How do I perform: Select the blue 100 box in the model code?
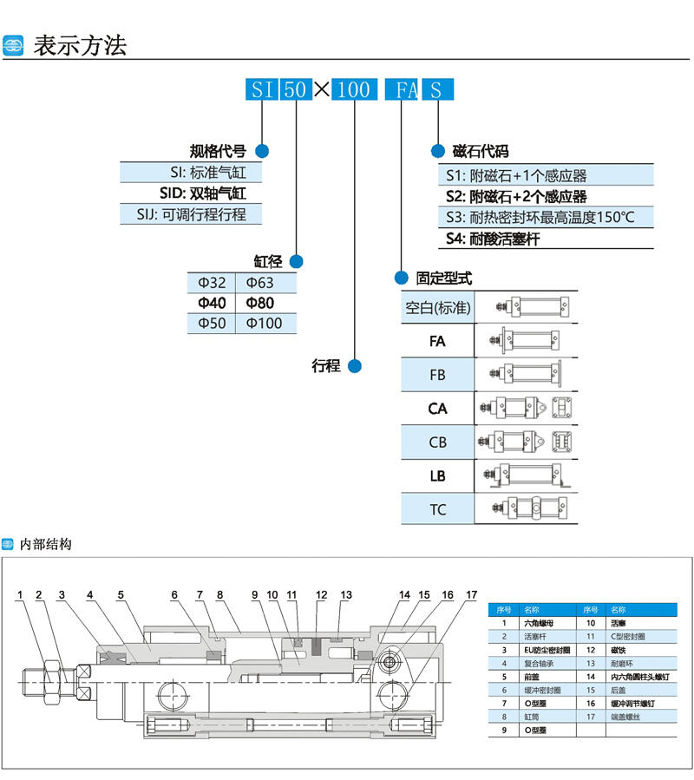coord(354,89)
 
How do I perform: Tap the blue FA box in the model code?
coord(401,89)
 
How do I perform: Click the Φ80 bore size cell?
coord(259,303)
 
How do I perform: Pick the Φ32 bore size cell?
coord(212,283)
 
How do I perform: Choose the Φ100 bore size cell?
coord(264,323)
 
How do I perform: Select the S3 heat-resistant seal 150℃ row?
coord(540,217)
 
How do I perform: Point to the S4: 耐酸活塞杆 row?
coord(493,239)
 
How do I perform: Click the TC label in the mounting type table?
coord(438,509)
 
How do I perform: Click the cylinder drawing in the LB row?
coord(527,475)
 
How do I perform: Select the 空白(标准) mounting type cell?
coord(438,307)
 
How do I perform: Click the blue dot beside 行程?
coord(354,365)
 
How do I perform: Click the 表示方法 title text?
coord(80,45)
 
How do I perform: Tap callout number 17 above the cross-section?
coord(471,594)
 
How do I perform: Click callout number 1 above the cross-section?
coord(18,594)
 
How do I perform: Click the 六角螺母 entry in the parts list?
coord(536,623)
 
